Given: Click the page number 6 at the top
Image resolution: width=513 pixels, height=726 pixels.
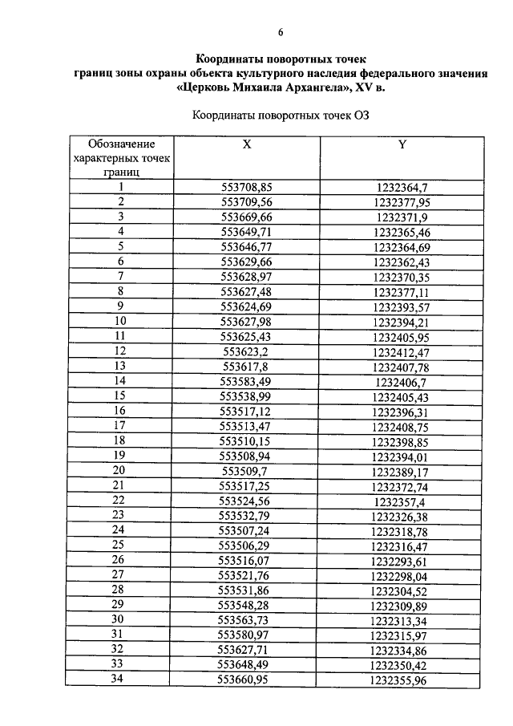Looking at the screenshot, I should [281, 32].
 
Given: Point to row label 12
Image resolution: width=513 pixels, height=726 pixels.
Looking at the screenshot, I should [121, 351].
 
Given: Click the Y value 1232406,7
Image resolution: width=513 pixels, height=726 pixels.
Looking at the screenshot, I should [402, 380].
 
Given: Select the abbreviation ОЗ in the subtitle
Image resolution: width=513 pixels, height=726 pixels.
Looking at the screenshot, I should [359, 115].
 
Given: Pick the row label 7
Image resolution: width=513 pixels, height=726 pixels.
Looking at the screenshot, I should [121, 276].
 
